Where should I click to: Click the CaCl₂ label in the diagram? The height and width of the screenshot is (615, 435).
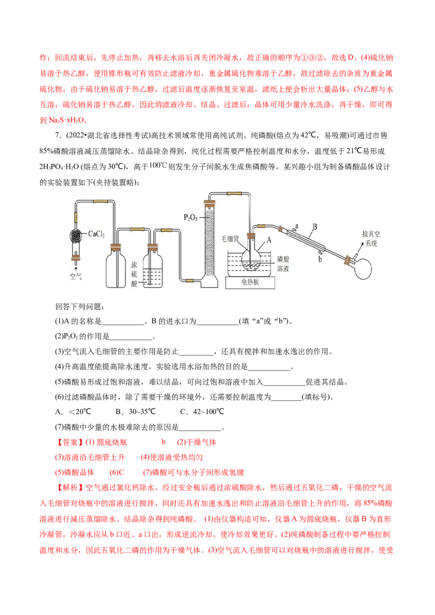point(96,234)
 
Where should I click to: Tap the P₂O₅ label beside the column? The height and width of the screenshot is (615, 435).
point(191,217)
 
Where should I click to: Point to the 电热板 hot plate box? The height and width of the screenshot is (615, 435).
point(250,282)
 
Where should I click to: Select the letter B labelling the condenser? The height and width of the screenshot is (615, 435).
point(315,227)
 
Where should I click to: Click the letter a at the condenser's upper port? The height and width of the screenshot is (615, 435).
point(297,226)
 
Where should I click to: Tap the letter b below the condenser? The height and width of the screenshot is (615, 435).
point(320,259)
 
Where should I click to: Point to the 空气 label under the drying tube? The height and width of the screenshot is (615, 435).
point(76,276)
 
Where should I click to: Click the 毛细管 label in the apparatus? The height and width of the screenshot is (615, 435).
point(230,239)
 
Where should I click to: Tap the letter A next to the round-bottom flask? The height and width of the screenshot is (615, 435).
point(269,240)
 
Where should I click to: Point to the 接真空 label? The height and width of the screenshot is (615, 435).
point(371,234)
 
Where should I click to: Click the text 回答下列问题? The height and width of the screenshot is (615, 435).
point(79,306)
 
